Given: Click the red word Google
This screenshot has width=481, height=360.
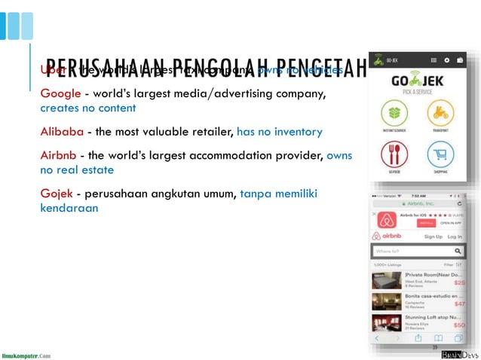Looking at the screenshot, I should click(x=60, y=94).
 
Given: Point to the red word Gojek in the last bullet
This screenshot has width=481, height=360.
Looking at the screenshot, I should click(x=57, y=194).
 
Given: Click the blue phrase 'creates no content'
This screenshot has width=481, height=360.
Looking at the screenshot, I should click(x=88, y=108).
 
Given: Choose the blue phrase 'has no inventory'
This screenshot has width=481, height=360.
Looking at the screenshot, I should click(x=279, y=132).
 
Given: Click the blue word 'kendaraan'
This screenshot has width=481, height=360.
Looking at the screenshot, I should click(x=69, y=207).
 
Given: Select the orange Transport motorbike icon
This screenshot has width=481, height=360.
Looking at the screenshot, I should click(x=440, y=114).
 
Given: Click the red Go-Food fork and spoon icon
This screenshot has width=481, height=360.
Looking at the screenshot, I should click(x=392, y=155).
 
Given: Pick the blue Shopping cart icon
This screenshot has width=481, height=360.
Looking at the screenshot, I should click(x=440, y=155).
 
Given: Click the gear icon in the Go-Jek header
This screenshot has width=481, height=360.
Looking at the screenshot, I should click(x=447, y=59).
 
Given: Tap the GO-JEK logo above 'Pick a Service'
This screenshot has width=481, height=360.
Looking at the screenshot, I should click(x=416, y=81).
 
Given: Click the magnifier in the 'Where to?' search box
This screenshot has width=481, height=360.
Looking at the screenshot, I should click(x=458, y=251).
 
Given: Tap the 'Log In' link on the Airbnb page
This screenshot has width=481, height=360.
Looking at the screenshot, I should click(x=455, y=236).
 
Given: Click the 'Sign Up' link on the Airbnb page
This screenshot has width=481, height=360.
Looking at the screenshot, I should click(x=433, y=236).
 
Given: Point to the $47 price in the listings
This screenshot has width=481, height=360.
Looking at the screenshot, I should click(x=458, y=304).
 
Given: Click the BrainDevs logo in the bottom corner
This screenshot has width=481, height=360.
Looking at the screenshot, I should click(x=457, y=354).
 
